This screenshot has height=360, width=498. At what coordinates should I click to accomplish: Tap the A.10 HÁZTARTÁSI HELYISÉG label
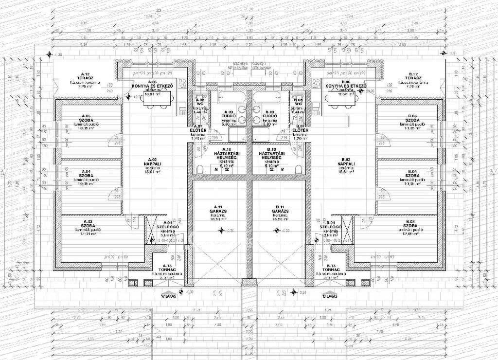[225, 155]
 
